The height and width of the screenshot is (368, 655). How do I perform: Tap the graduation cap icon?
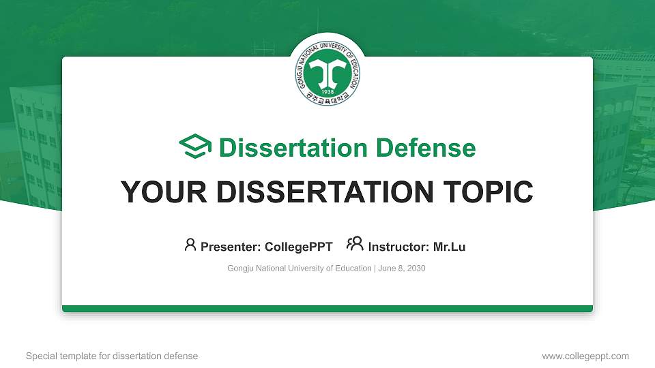click(195, 147)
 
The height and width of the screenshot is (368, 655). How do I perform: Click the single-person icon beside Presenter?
click(190, 245)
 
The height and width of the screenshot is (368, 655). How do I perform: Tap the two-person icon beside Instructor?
click(355, 245)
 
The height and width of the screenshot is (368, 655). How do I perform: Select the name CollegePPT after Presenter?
click(300, 247)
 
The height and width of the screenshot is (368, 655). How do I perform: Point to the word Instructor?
click(398, 247)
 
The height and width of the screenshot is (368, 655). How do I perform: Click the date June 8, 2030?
click(402, 269)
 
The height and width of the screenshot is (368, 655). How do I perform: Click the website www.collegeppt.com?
click(585, 356)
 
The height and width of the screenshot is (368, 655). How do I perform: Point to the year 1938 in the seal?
click(327, 91)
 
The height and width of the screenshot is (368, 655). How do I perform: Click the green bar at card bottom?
click(327, 309)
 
